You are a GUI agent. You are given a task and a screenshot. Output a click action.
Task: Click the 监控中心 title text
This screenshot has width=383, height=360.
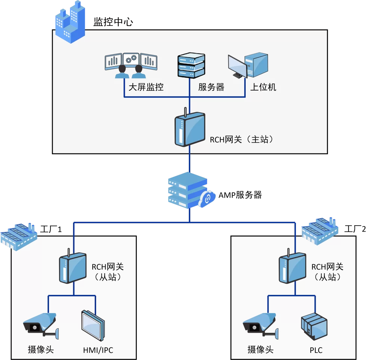(113, 22)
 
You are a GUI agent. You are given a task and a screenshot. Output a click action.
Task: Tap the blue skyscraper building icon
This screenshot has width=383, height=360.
(70, 22)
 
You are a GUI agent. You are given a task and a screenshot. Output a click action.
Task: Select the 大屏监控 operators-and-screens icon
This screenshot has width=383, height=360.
(131, 65)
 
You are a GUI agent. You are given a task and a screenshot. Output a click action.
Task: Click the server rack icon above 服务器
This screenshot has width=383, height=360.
(191, 65)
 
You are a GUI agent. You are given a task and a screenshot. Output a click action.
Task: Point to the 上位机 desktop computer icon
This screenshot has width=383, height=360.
(248, 65)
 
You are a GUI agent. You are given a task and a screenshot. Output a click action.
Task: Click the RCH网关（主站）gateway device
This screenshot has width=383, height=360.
(190, 129)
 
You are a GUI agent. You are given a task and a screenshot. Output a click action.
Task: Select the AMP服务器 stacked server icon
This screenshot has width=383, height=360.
(188, 190)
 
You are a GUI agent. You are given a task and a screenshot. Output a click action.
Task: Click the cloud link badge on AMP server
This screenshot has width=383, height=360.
(207, 199)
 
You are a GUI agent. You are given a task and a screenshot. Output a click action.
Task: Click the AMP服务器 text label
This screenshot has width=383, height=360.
(240, 195)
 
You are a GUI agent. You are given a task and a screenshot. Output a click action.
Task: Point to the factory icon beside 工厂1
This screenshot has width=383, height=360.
(19, 237)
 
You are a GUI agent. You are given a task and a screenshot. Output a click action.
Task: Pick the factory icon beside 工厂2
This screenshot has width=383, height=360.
(320, 231)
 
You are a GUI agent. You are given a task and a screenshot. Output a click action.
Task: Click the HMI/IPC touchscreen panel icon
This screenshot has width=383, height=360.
(93, 326)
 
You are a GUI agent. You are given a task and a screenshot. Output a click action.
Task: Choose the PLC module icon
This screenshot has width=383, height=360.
(314, 326)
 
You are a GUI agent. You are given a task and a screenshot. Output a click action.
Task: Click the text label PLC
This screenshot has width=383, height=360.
(316, 350)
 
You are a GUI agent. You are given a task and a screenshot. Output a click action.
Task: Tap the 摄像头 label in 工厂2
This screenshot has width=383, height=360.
(260, 350)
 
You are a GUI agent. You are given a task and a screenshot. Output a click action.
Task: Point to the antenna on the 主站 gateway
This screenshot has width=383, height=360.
(186, 112)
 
